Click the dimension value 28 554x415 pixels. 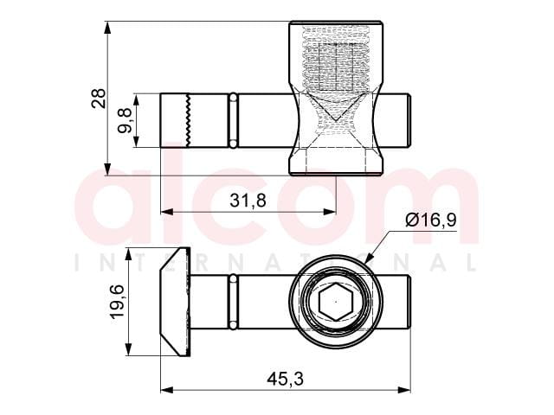click(99, 99)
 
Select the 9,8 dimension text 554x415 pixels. click(125, 121)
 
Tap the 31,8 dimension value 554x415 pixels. click(248, 201)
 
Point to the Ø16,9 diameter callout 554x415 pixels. click(431, 220)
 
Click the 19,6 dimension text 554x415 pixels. click(117, 302)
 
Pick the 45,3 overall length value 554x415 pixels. click(285, 380)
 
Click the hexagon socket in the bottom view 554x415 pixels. click(335, 302)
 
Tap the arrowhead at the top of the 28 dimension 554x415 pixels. click(107, 28)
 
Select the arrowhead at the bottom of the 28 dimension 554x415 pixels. click(107, 169)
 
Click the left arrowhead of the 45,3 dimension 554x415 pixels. click(167, 390)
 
